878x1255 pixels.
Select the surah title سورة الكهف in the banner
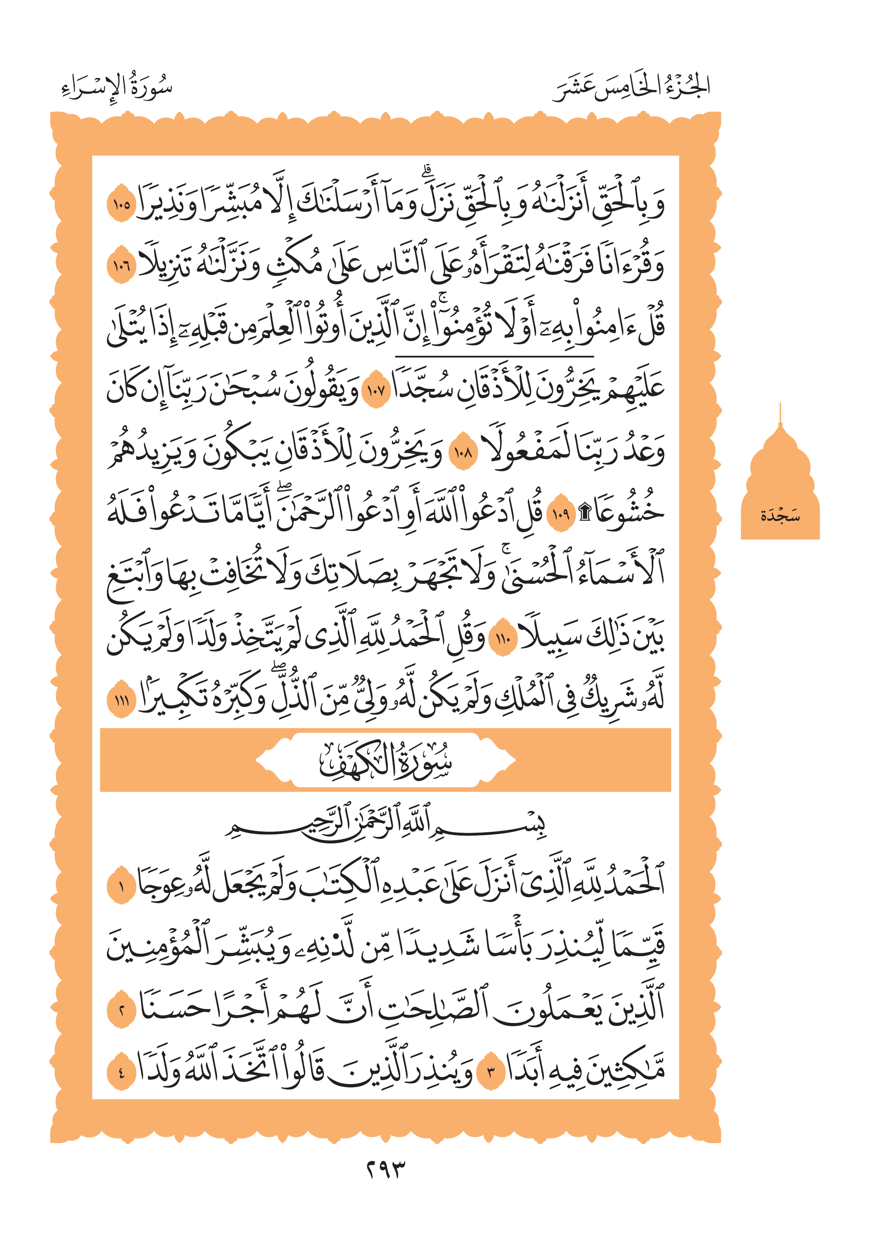pyautogui.click(x=385, y=760)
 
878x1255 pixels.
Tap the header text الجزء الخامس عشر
pyautogui.click(x=632, y=88)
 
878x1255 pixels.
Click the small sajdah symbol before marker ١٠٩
pyautogui.click(x=584, y=513)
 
